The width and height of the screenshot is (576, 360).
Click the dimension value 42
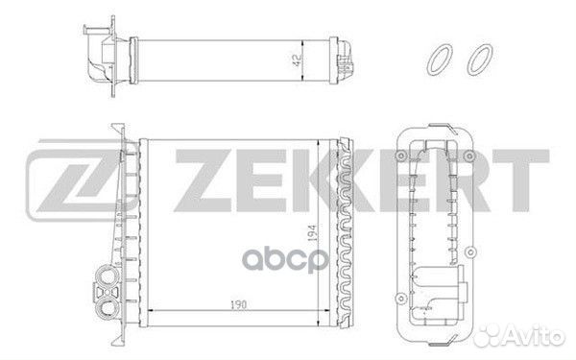pyautogui.click(x=297, y=60)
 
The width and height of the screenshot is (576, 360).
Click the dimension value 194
pyautogui.click(x=311, y=233)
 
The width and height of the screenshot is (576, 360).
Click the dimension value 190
pyautogui.click(x=239, y=304)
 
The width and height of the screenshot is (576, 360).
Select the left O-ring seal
pyautogui.click(x=440, y=60)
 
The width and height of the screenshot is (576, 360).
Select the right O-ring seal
pyautogui.click(x=479, y=60)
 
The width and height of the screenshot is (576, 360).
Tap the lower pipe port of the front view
pyautogui.click(x=107, y=305)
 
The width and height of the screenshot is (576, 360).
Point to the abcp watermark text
pyautogui.click(x=284, y=259)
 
